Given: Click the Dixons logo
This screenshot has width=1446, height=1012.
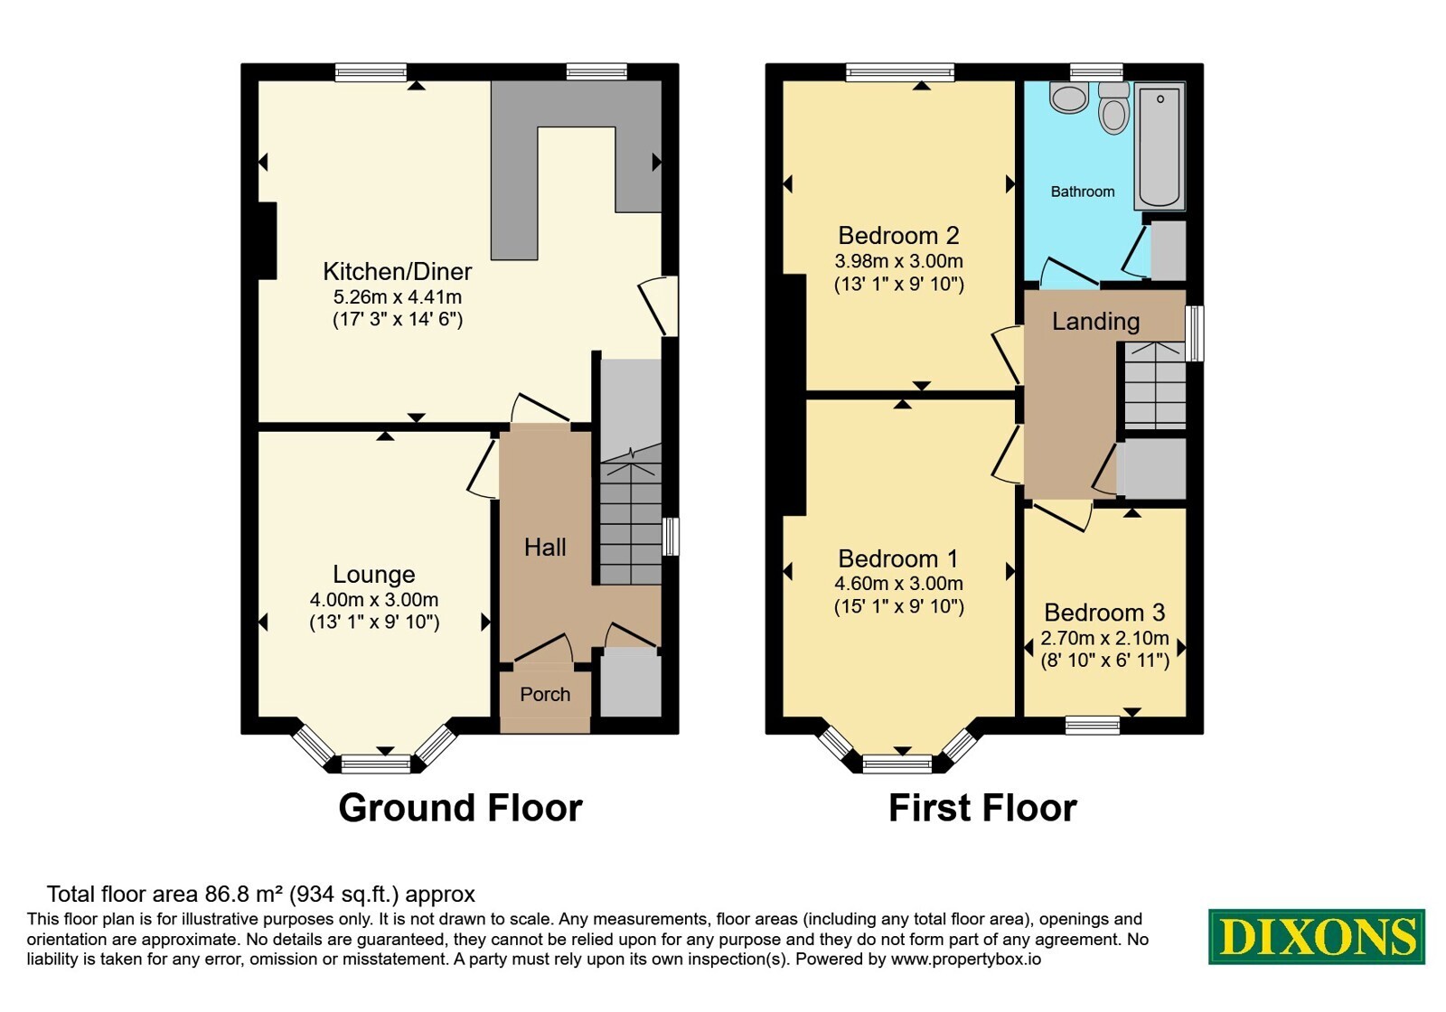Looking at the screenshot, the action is [1316, 936].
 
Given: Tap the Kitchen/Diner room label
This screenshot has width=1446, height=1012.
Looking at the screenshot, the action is [397, 271].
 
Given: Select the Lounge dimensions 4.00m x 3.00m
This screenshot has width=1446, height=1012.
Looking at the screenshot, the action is [374, 600].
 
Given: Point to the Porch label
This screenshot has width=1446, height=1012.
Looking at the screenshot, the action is [545, 695].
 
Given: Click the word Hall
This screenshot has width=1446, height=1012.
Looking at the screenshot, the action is [545, 548].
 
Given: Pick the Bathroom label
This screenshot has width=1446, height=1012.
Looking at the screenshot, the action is [1083, 192].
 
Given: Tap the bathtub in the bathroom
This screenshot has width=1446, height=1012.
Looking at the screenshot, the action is [1160, 146].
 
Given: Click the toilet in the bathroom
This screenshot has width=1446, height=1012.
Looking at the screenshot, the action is [1114, 108].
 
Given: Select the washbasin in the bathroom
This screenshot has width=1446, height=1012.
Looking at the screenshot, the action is [1069, 98].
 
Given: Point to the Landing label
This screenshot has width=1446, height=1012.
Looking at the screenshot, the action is [1095, 322].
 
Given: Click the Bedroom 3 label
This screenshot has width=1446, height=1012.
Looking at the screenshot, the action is [1104, 612].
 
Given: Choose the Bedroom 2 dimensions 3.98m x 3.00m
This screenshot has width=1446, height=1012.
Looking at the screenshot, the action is [898, 261].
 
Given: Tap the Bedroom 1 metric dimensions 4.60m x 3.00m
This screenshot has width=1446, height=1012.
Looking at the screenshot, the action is [898, 584].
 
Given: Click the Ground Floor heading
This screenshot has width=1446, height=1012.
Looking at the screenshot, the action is [460, 808].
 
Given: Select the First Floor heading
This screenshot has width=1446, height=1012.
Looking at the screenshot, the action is [982, 808].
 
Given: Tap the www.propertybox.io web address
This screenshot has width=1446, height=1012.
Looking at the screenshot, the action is [966, 959].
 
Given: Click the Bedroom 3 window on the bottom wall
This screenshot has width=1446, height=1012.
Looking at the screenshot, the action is [1093, 726].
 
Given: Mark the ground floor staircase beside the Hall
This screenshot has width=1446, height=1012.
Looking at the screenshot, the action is [631, 472].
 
